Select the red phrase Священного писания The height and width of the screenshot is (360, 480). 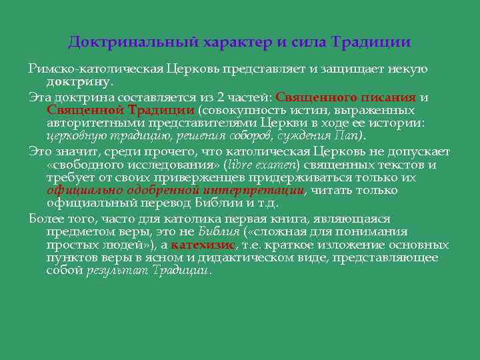coord(345,97)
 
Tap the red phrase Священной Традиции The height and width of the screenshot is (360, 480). coord(121,109)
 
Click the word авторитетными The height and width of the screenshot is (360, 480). coord(90,123)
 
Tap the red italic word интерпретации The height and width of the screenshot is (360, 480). coord(263,190)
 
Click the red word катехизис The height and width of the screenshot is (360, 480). coord(203,245)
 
